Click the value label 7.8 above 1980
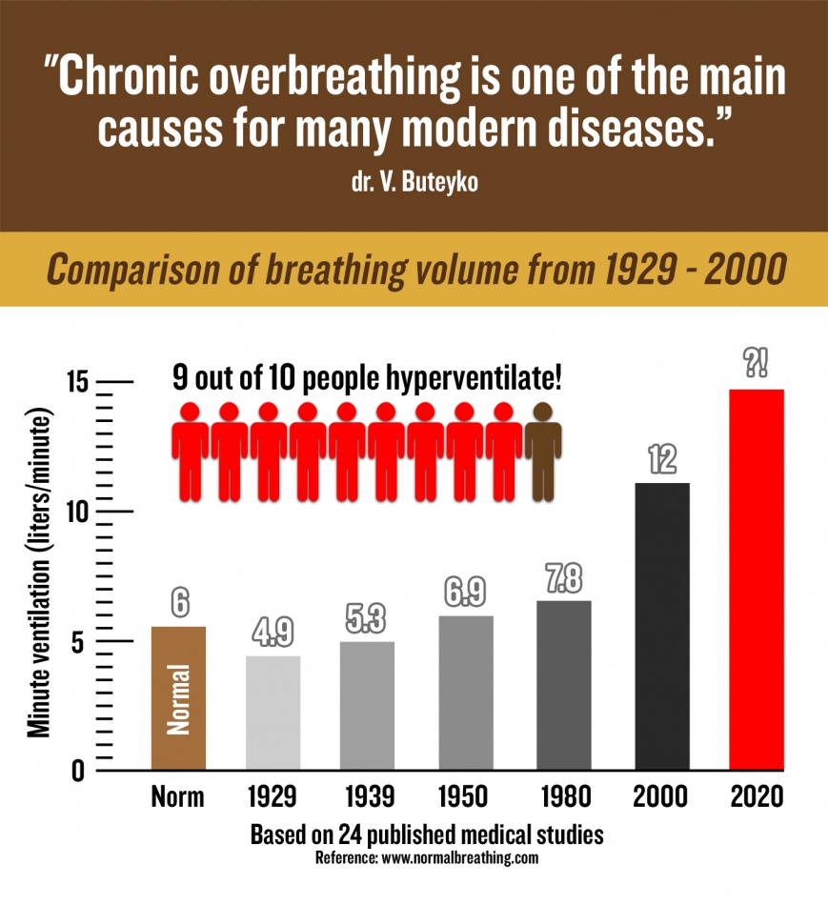click(x=564, y=579)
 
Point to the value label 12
click(x=662, y=460)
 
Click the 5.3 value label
click(x=368, y=620)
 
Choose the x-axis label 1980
click(x=564, y=797)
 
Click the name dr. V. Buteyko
click(x=414, y=181)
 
